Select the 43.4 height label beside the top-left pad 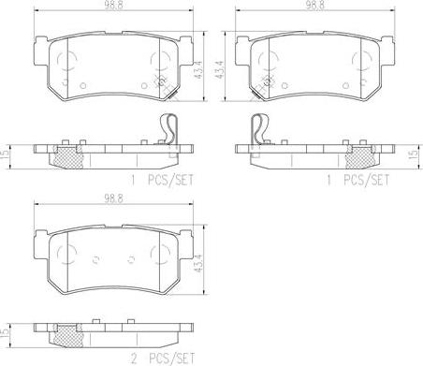tap(199, 69)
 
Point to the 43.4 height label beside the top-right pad tap(220, 69)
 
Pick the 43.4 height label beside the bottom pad tap(199, 263)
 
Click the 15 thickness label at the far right tap(414, 154)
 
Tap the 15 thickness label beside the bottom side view tap(5, 334)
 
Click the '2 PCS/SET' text tap(163, 359)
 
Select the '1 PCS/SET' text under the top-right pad tap(358, 181)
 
